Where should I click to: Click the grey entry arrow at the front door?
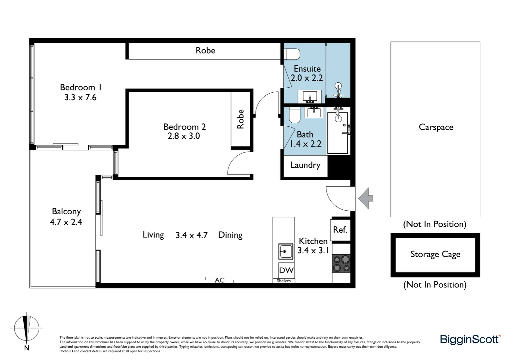pos(366,198)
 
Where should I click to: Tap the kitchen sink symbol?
pos(285,251)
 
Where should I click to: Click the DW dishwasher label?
pos(286,270)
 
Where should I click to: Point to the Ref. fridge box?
pos(340,230)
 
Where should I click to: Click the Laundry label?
pos(305,165)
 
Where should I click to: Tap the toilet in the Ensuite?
pos(292,54)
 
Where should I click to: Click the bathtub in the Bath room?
pos(337,133)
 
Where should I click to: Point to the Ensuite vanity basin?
pos(312,96)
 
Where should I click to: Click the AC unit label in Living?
pos(220,280)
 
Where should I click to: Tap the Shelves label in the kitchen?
pos(284,281)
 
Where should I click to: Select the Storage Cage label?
pos(435,254)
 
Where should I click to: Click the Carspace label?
pos(436,127)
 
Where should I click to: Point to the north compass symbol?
pos(26,328)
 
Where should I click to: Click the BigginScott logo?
pos(470,339)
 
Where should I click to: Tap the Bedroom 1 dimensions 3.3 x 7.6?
pos(80,98)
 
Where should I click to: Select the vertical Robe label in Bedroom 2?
pos(241,119)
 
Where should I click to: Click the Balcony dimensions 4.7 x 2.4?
pos(66,222)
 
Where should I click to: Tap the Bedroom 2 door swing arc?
pos(237,162)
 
